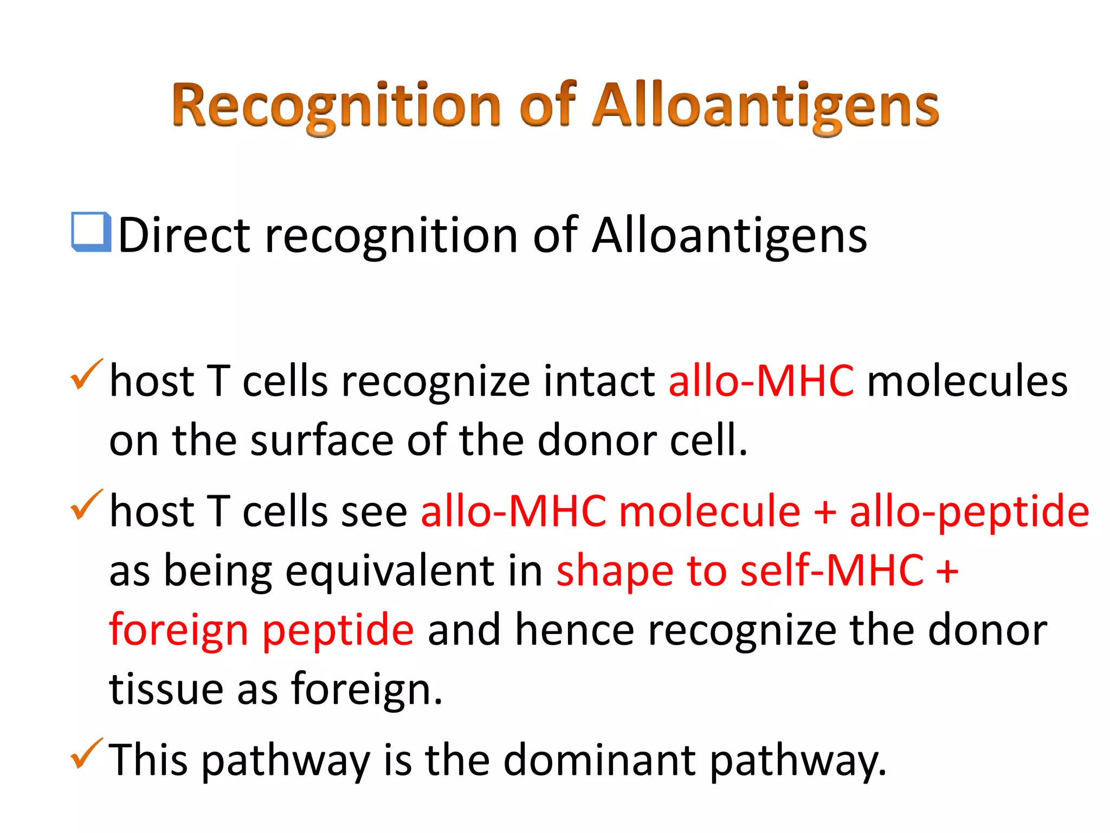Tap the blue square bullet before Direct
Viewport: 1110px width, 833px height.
(91, 232)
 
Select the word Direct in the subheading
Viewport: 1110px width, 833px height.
(184, 235)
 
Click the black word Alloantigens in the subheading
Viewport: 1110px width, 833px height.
(729, 236)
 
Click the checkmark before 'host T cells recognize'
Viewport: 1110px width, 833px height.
(86, 375)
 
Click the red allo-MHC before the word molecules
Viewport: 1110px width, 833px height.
(761, 381)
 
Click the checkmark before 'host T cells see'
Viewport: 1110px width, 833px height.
(86, 505)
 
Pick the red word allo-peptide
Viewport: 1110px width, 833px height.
(969, 512)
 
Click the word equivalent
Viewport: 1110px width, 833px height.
(390, 571)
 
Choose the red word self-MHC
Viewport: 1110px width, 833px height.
(832, 571)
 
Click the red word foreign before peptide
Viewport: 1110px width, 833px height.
(178, 631)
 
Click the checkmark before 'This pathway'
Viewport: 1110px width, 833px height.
(86, 754)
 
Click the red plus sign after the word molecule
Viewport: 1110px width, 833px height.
(825, 512)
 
